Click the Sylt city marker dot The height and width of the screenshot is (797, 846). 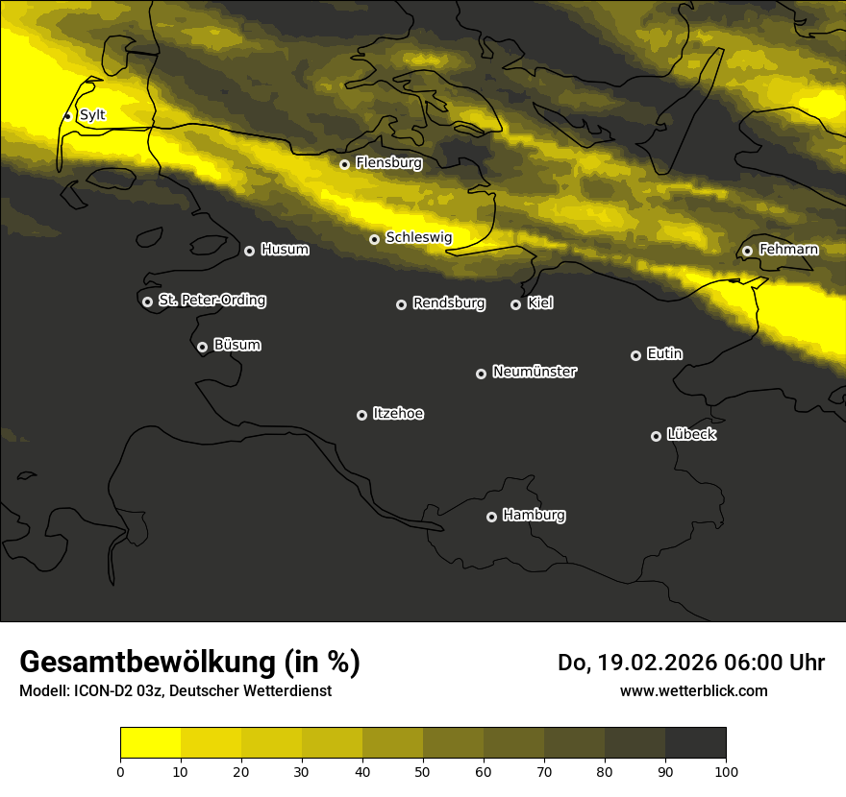pos(67,116)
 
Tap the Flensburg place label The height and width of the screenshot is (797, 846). pos(388,163)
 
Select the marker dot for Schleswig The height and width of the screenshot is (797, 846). pos(374,239)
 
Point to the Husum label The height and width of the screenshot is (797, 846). pos(285,250)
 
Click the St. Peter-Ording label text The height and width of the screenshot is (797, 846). pos(211,301)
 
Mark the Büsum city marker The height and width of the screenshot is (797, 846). pos(202,348)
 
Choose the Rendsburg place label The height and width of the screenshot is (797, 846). pos(448,303)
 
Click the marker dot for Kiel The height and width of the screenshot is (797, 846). pos(515,304)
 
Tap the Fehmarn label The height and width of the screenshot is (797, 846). pos(788,250)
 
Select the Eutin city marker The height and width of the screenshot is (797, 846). pos(635,355)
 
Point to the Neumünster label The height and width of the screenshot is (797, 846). pos(535,372)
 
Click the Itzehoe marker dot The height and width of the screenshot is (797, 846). pos(361,415)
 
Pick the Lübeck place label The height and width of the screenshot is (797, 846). pos(691,435)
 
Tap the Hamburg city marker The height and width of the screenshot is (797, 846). pos(491,517)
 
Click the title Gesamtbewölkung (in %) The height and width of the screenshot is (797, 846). pos(189,662)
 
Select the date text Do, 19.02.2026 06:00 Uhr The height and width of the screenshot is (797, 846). pos(690,663)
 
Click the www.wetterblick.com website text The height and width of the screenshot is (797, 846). pos(693,690)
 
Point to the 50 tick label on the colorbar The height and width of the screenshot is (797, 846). pos(423,771)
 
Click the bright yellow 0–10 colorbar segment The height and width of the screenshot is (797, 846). pos(150,743)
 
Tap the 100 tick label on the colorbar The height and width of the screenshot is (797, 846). pos(726,771)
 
